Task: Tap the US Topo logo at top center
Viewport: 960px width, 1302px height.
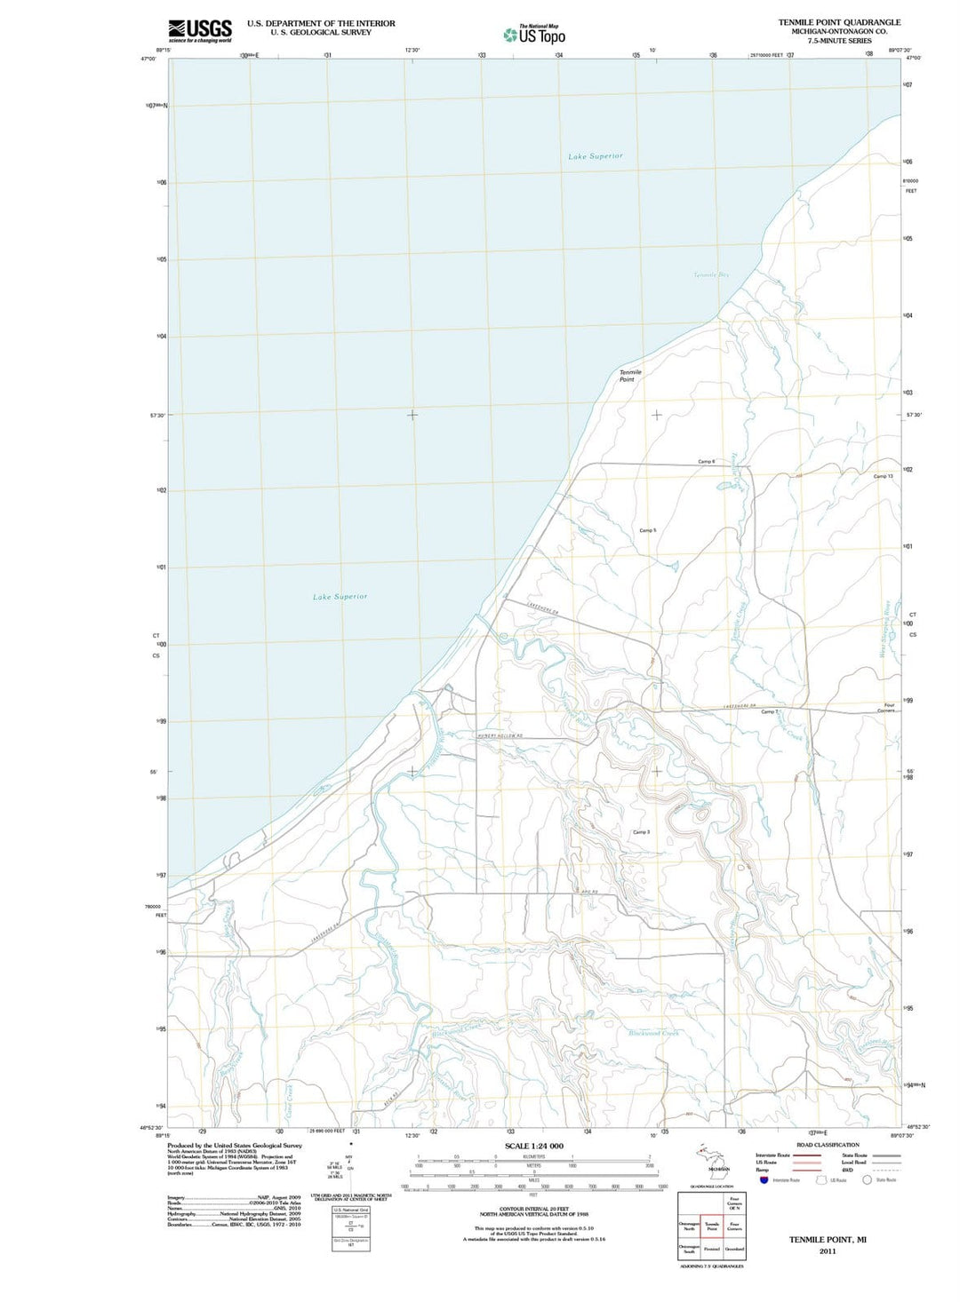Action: point(534,35)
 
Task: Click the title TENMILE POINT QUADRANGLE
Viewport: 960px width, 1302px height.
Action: point(839,22)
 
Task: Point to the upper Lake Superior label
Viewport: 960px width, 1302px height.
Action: point(596,156)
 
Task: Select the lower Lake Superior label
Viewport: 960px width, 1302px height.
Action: point(340,597)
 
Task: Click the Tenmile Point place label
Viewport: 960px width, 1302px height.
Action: point(629,376)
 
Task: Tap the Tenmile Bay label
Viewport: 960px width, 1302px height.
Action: point(710,275)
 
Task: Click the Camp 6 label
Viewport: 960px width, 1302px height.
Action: point(706,462)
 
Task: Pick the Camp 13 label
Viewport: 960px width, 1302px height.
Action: point(883,477)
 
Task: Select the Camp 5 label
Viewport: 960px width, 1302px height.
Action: point(647,530)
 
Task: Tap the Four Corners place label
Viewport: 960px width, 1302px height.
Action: point(885,708)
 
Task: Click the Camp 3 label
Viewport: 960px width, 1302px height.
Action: point(641,832)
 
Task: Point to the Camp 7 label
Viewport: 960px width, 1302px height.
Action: point(769,712)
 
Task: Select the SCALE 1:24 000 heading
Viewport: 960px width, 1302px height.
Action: point(533,1146)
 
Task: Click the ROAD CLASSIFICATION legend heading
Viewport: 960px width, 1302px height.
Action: point(828,1145)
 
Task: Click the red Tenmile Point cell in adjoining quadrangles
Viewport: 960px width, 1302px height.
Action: point(711,1227)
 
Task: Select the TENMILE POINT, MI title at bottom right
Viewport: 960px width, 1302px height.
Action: point(827,1239)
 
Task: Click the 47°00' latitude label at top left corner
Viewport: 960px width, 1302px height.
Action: point(148,60)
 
